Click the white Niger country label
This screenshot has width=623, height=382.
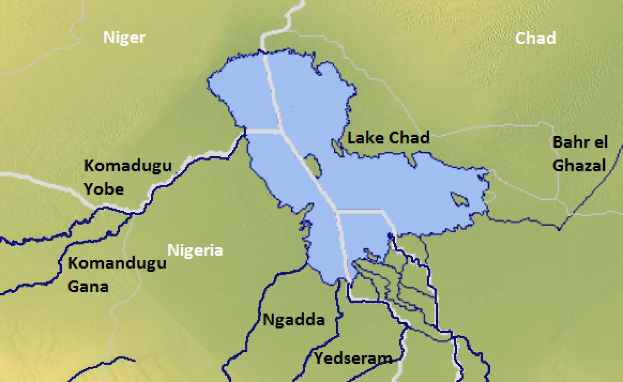pyautogui.click(x=124, y=37)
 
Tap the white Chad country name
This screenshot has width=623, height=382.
pyautogui.click(x=535, y=38)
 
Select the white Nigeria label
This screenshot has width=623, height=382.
pyautogui.click(x=195, y=250)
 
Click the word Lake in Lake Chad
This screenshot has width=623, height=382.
pyautogui.click(x=365, y=138)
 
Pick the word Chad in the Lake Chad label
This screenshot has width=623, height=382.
pyautogui.click(x=409, y=138)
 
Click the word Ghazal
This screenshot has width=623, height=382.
pyautogui.click(x=579, y=165)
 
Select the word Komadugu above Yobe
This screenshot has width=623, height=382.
pyautogui.click(x=128, y=166)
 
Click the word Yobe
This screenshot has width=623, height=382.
pyautogui.click(x=104, y=188)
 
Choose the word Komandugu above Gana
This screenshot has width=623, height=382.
pyautogui.click(x=117, y=263)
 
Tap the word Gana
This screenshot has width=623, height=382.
pyautogui.click(x=88, y=286)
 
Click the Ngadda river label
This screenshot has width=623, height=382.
pyautogui.click(x=294, y=320)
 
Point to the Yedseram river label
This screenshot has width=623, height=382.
pyautogui.click(x=353, y=358)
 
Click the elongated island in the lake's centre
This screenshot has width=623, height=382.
pyautogui.click(x=313, y=166)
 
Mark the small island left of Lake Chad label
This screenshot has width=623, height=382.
pyautogui.click(x=337, y=147)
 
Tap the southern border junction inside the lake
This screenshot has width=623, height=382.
pyautogui.click(x=337, y=210)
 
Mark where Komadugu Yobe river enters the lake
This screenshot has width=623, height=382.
pyautogui.click(x=245, y=134)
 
